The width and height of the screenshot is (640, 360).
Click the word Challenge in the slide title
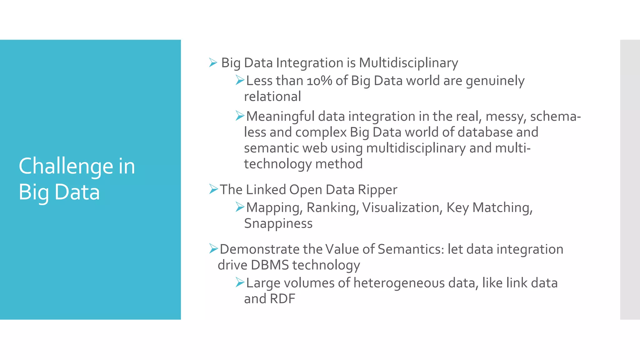pos(66,166)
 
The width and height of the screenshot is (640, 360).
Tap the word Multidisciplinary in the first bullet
pos(408,63)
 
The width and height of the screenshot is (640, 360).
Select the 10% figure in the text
pos(319,81)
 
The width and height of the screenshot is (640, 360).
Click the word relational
pos(272,97)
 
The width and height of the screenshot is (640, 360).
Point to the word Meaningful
pos(280,117)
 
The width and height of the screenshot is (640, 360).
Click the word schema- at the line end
pos(555,117)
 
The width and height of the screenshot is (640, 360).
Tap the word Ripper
pos(377,190)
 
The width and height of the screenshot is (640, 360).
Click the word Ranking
pos(332,208)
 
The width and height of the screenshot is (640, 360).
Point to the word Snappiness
pos(278,224)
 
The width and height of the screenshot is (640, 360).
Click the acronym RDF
pos(282,299)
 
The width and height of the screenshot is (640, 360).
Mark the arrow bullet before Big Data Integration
pos(213,63)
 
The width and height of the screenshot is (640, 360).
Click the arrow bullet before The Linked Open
pos(213,189)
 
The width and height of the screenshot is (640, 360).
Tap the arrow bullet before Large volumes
pos(240,282)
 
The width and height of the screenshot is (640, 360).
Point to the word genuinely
pos(495,81)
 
